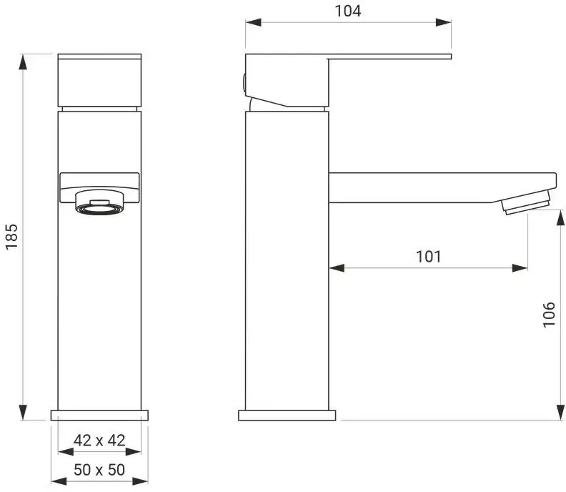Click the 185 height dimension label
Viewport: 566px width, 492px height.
point(11,236)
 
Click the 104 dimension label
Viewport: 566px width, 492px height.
point(348,11)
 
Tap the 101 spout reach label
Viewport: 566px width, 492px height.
point(429,257)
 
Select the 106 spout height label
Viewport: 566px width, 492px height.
point(549,314)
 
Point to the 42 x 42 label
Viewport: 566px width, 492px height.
point(99,441)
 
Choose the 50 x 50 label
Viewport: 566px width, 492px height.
point(99,470)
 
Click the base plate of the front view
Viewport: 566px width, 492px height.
point(99,415)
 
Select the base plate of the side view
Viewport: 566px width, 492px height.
point(287,415)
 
